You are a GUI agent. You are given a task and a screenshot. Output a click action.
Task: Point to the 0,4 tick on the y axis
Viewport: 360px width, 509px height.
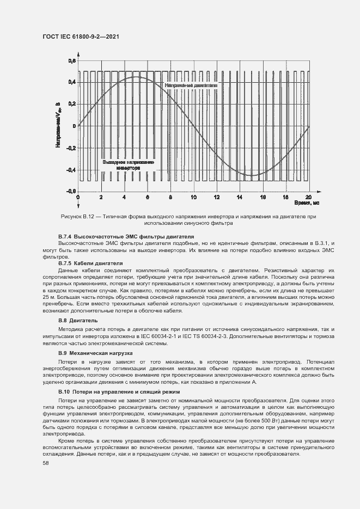coord(72,82)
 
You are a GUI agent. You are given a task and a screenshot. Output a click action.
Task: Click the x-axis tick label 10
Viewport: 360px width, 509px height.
coord(193,197)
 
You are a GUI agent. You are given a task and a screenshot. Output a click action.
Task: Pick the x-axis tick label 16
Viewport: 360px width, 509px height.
coord(263,197)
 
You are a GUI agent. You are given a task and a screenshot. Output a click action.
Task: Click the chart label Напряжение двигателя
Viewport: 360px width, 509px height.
coord(191,85)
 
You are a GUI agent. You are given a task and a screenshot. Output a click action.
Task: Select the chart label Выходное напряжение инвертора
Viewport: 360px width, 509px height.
coord(128,165)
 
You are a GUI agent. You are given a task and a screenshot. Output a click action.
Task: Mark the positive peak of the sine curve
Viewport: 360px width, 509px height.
coord(136,77)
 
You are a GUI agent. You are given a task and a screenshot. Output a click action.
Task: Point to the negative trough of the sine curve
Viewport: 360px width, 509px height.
coord(252,175)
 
